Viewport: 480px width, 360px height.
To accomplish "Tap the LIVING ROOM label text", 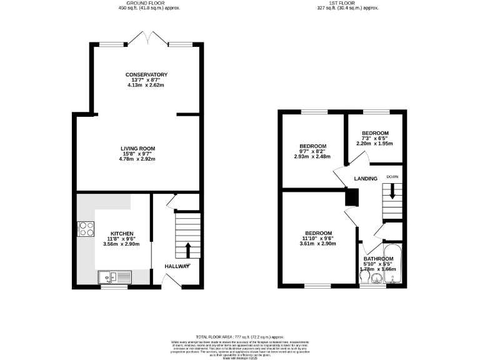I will [x=137, y=148].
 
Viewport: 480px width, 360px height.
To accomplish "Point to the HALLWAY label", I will [x=177, y=266].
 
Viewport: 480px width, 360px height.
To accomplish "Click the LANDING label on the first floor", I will [x=366, y=179].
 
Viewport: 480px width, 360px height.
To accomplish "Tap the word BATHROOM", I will [x=379, y=259].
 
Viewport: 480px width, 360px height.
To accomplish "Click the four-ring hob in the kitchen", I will [x=85, y=229].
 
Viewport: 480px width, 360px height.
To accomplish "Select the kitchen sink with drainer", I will [x=114, y=276].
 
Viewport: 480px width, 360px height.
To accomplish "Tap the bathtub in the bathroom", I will [x=392, y=266].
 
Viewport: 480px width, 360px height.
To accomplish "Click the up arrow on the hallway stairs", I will [x=187, y=251].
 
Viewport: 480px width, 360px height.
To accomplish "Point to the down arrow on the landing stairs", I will [x=392, y=193].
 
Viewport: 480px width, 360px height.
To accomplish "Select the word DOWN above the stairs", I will [x=392, y=176].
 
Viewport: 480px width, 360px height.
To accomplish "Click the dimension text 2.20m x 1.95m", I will [x=374, y=143].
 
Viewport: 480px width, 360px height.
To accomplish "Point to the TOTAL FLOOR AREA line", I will [x=240, y=337].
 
